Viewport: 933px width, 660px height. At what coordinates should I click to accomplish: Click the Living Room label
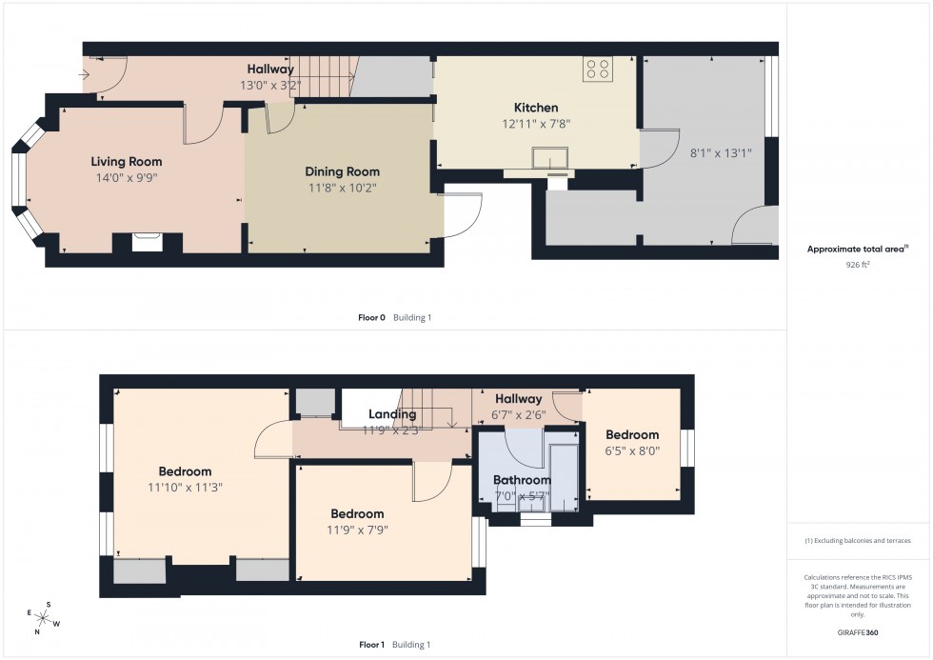click(x=127, y=162)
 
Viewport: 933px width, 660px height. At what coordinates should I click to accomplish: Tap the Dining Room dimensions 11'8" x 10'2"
click(x=342, y=189)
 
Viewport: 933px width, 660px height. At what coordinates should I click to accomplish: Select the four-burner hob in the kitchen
click(x=598, y=69)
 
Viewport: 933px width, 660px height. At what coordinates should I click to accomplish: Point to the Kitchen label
click(x=536, y=108)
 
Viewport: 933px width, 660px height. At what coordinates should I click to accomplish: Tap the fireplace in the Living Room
click(x=147, y=242)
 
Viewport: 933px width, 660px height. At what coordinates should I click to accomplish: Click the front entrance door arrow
click(x=86, y=72)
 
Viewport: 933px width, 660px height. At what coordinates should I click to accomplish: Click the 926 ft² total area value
click(x=858, y=265)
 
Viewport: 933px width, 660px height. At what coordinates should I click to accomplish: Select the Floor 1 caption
click(x=371, y=645)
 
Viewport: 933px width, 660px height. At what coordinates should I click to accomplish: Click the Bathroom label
click(x=522, y=480)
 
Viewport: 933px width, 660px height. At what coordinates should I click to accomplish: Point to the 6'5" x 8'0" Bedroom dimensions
click(x=632, y=451)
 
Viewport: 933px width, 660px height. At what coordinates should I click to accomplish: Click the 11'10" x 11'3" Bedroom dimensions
click(x=185, y=487)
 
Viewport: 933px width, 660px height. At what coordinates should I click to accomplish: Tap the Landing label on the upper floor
click(x=392, y=414)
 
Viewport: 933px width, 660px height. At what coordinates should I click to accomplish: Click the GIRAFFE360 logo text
click(x=859, y=631)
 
